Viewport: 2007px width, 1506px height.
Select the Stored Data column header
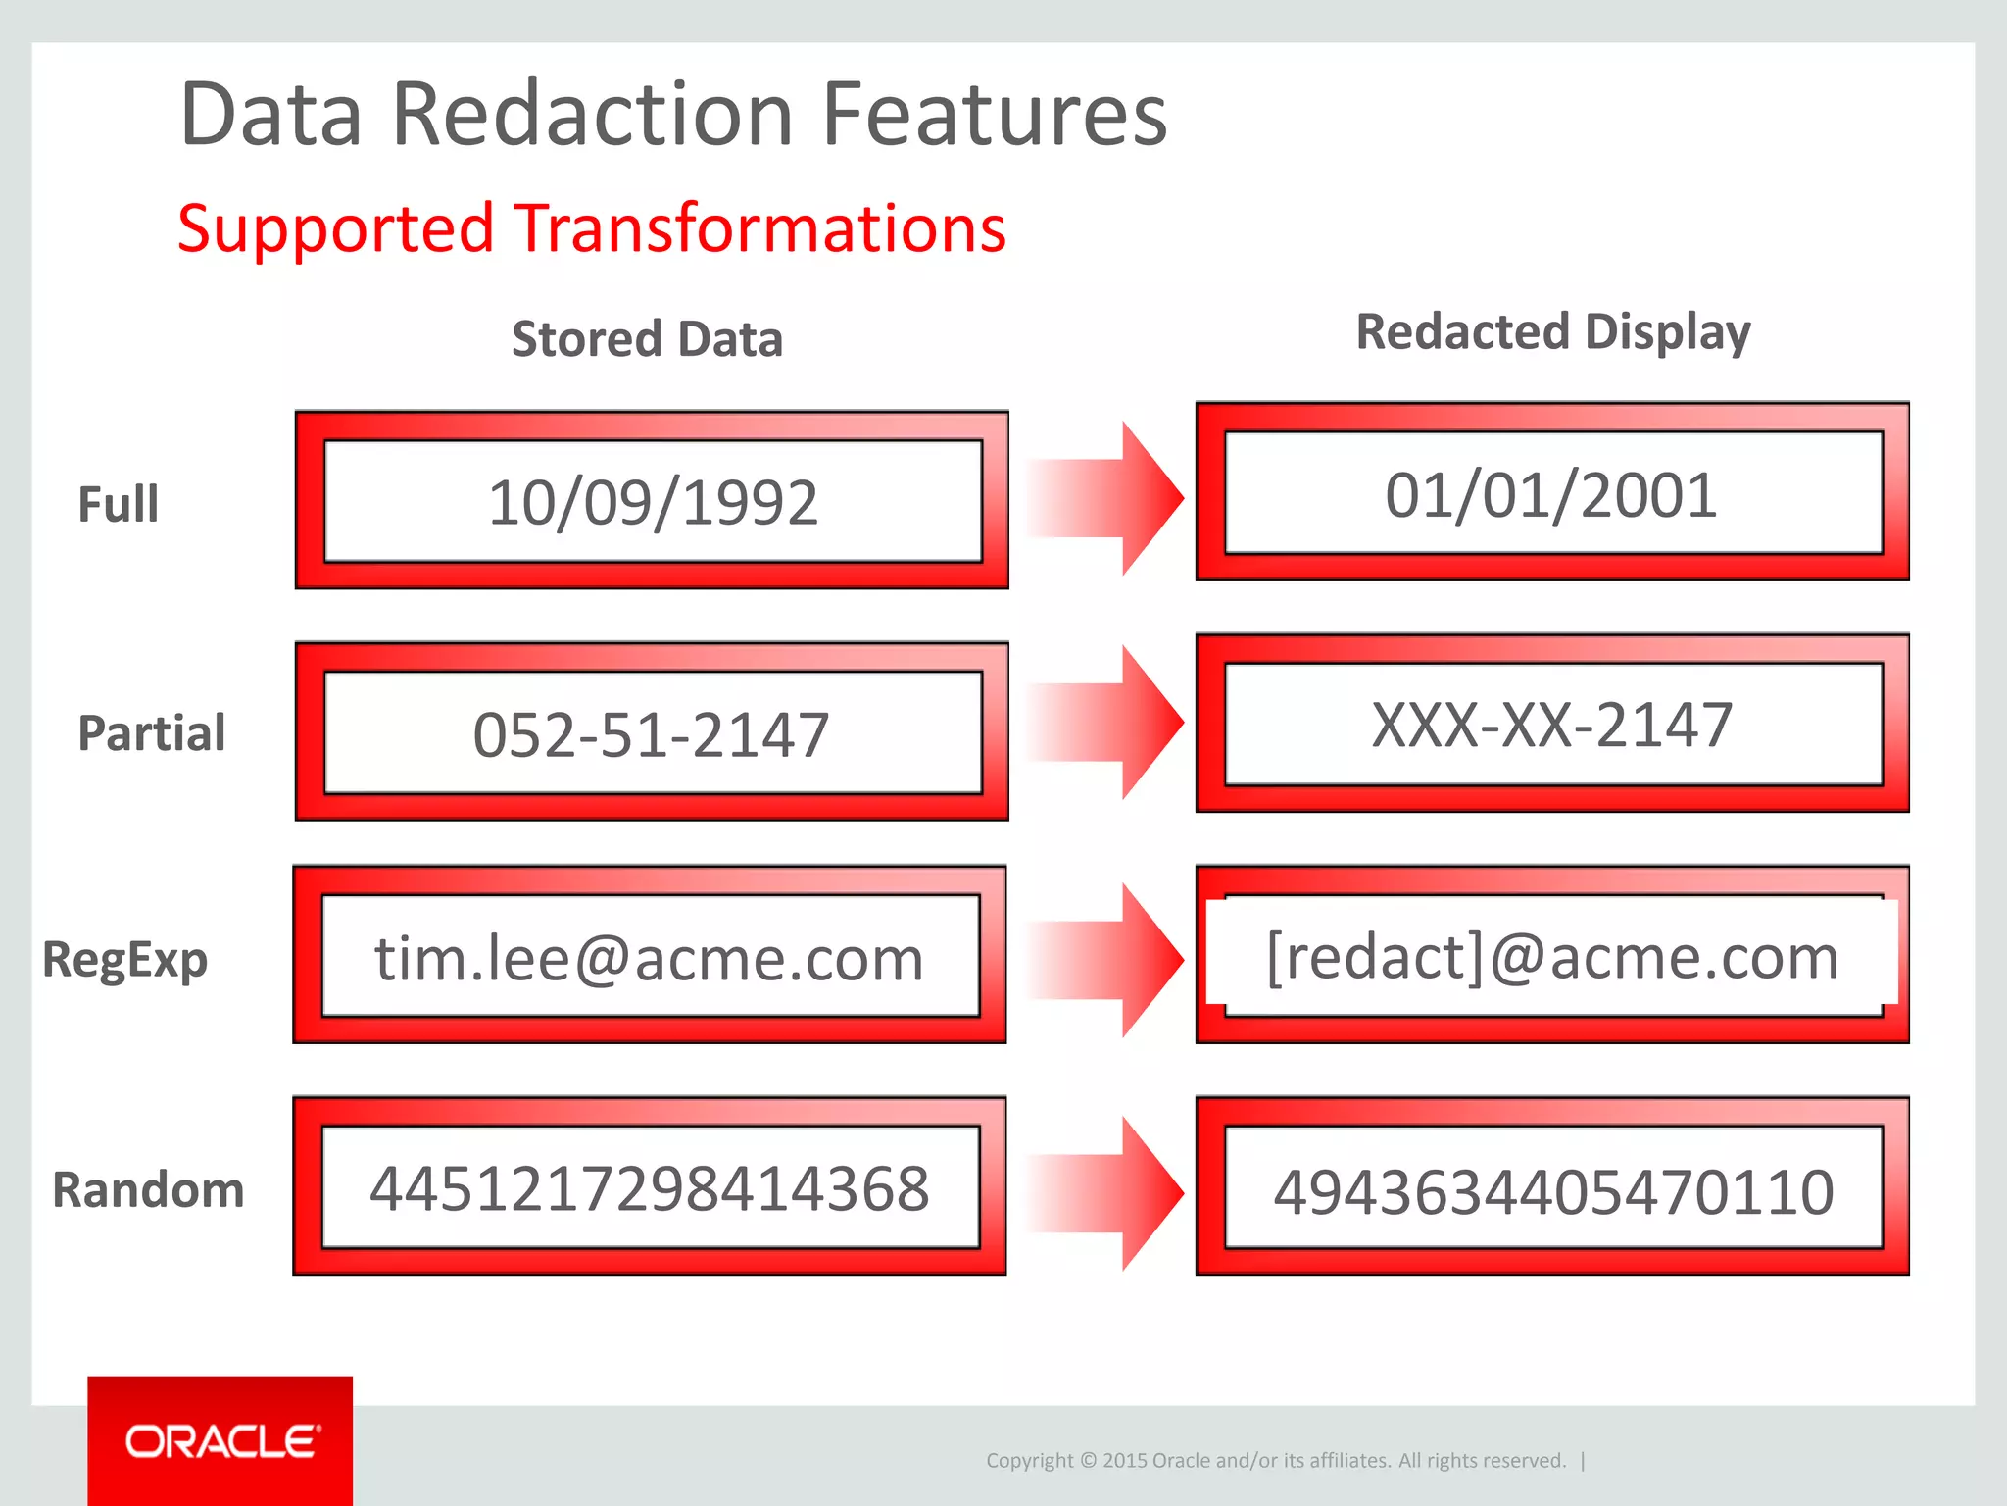[x=647, y=339]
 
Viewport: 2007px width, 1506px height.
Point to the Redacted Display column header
[x=1552, y=332]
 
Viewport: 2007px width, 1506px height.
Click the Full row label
[x=118, y=505]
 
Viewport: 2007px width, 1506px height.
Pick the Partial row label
[x=151, y=733]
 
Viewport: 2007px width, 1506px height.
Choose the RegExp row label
[x=124, y=960]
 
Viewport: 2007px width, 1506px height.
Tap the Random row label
[x=148, y=1190]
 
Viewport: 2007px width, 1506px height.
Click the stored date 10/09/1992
[x=653, y=503]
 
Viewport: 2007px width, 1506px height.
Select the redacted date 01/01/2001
[x=1551, y=495]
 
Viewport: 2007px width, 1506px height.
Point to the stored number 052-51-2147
[x=651, y=734]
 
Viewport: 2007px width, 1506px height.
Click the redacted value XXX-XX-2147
[x=1551, y=726]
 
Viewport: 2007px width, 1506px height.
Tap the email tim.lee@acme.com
[x=649, y=958]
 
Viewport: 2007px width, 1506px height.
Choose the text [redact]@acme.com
[x=1551, y=956]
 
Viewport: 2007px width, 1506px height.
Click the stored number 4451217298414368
[x=649, y=1189]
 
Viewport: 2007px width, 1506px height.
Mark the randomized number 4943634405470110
[x=1552, y=1192]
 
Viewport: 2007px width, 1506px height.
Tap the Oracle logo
[x=220, y=1441]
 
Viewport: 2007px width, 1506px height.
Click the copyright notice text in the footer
[x=1275, y=1460]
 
